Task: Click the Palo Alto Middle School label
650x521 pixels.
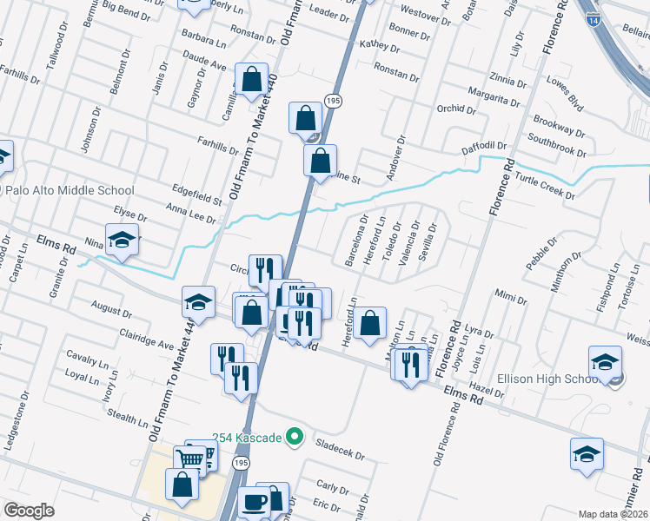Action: (x=70, y=191)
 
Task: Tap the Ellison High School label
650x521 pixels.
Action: (x=546, y=379)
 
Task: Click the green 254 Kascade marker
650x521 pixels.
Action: (x=295, y=437)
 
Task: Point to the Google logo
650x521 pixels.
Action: (x=29, y=511)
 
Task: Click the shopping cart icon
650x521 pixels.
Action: (x=191, y=458)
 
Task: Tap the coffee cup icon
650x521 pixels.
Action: (x=255, y=502)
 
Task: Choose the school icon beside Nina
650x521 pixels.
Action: (x=122, y=241)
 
